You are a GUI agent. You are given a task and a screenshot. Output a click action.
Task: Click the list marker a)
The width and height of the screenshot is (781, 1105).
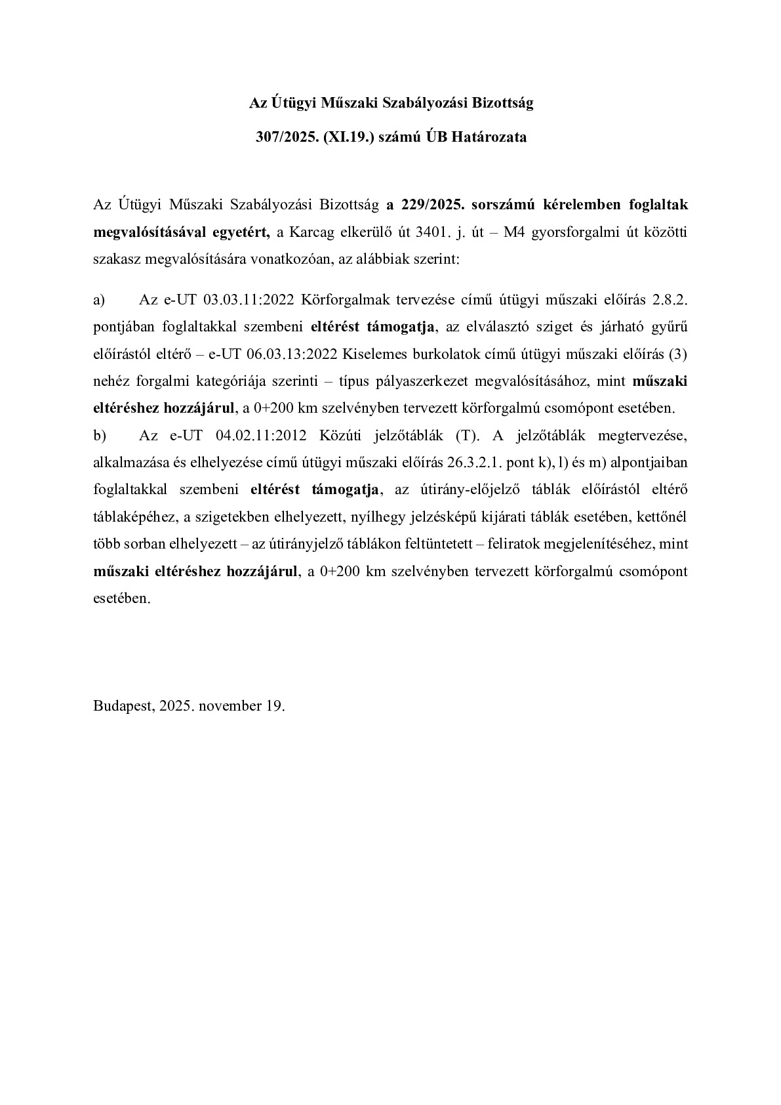pyautogui.click(x=99, y=300)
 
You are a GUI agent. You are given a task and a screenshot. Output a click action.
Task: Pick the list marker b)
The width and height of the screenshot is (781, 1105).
pyautogui.click(x=100, y=436)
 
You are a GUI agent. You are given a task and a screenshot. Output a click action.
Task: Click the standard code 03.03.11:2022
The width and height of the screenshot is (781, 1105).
pyautogui.click(x=249, y=300)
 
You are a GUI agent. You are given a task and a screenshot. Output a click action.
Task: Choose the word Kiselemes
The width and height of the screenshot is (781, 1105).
pyautogui.click(x=371, y=354)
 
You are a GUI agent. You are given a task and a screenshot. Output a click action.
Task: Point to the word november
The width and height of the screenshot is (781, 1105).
pyautogui.click(x=229, y=706)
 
